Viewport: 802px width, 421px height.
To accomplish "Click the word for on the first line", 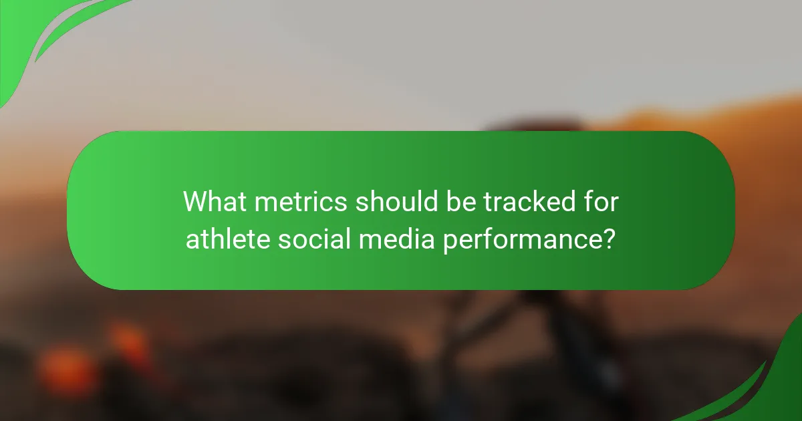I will (x=600, y=201).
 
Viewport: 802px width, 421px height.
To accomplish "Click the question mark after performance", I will (x=608, y=239).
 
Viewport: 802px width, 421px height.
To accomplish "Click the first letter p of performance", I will (x=447, y=241).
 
